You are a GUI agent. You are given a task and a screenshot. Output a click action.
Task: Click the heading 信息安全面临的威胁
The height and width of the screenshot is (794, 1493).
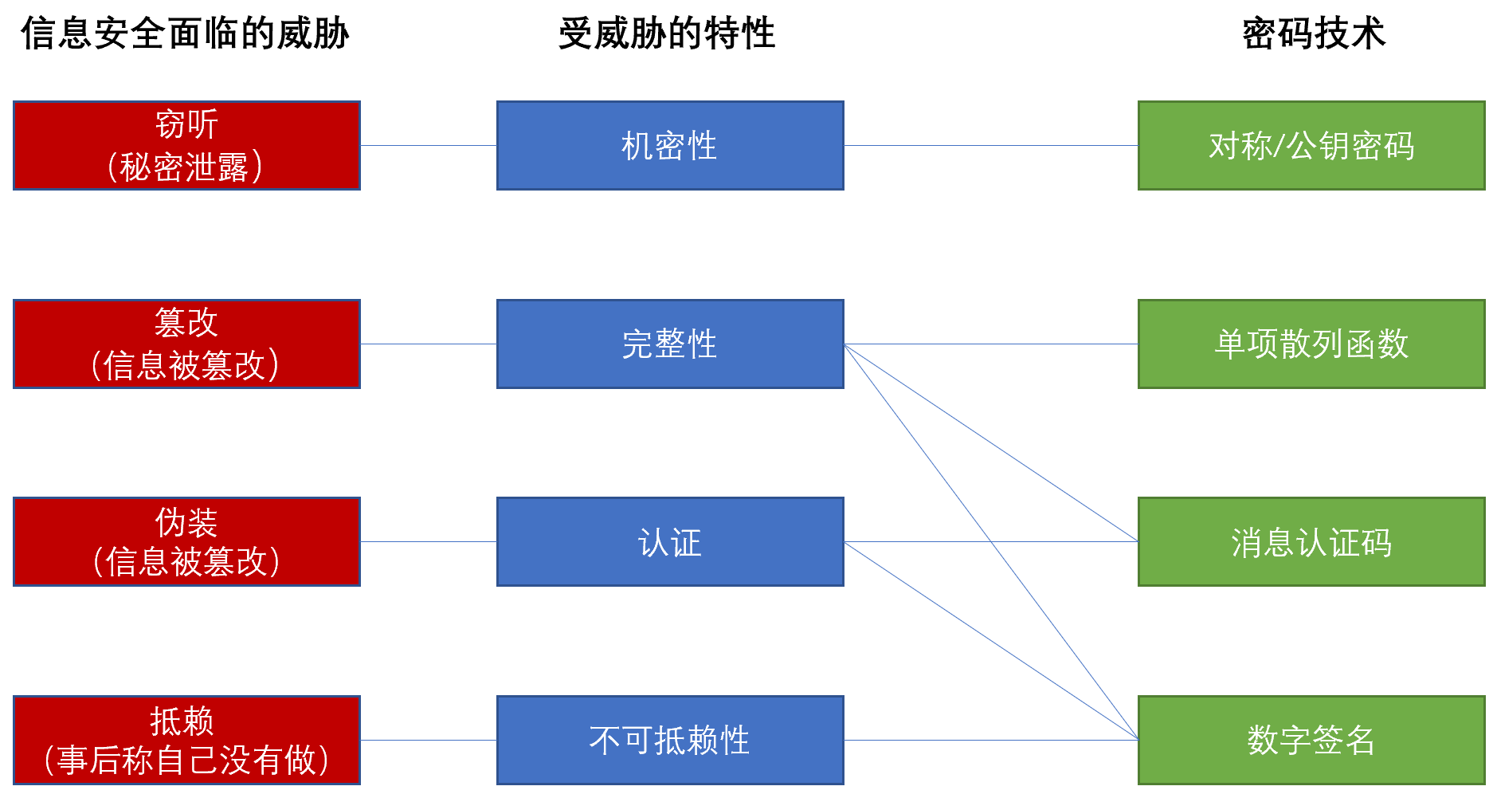click(x=185, y=33)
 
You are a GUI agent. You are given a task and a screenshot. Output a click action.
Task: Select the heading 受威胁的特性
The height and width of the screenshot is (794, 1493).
click(x=667, y=33)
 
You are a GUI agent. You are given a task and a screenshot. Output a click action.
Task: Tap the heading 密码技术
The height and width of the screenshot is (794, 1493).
click(x=1314, y=33)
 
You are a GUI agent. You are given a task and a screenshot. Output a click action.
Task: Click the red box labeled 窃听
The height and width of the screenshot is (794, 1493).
click(x=187, y=145)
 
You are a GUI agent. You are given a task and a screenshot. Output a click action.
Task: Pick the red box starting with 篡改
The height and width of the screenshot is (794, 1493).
click(x=187, y=344)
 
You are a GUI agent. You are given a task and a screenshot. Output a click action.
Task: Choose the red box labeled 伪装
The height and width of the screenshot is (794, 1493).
click(x=187, y=542)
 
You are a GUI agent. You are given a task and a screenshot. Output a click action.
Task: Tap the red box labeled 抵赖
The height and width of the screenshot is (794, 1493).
click(x=187, y=740)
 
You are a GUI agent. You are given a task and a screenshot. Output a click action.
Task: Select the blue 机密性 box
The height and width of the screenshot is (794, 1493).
click(x=670, y=145)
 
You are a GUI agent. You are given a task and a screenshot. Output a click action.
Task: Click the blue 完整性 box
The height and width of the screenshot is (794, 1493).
click(x=670, y=344)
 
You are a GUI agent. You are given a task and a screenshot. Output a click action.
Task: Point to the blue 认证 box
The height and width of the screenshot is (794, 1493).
click(x=670, y=542)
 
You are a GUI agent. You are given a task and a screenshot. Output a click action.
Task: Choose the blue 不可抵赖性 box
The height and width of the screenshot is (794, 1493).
click(x=670, y=740)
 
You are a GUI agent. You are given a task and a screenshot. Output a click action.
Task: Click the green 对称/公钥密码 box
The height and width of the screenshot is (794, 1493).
click(x=1311, y=145)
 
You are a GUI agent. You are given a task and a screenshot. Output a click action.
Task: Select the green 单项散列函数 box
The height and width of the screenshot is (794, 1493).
click(x=1311, y=344)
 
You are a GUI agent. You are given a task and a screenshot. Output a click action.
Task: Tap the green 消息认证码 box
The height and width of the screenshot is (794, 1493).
click(x=1311, y=542)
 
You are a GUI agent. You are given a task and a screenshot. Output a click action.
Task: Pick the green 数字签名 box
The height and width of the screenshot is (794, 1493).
click(x=1311, y=740)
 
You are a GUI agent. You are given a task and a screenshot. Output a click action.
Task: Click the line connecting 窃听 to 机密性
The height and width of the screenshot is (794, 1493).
click(x=429, y=145)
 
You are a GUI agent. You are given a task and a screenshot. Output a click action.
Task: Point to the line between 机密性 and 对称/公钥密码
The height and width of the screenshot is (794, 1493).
click(x=991, y=145)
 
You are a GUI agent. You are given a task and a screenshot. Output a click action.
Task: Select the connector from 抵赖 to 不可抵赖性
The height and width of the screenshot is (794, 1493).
click(x=429, y=740)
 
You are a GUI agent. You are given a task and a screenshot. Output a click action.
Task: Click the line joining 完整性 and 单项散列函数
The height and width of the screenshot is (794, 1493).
click(x=991, y=344)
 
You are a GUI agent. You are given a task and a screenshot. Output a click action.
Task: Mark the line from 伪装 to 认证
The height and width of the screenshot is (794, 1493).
click(x=429, y=542)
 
